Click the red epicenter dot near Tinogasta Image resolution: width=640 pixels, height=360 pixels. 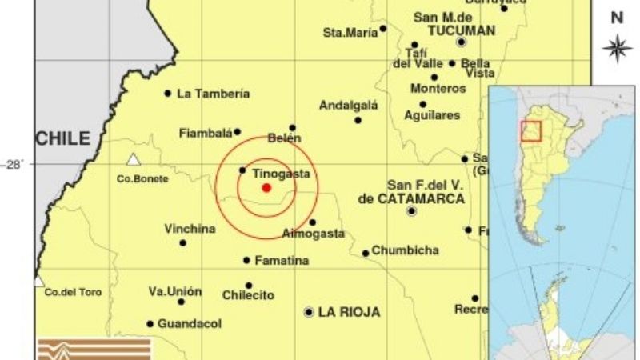(266, 188)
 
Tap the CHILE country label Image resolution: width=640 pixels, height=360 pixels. (62, 138)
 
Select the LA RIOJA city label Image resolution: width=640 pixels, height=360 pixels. (349, 312)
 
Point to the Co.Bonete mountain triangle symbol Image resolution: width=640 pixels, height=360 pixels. (134, 159)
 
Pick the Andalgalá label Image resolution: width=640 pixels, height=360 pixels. (349, 105)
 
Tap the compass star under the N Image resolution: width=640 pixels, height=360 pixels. (617, 48)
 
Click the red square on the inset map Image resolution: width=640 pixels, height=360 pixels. (531, 130)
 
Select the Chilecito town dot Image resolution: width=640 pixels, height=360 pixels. (249, 286)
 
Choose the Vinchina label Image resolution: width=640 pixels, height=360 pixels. (190, 229)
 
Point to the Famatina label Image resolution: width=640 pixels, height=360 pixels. (282, 261)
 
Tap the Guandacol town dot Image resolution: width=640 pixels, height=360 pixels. (150, 324)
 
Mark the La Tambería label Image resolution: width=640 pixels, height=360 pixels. (213, 94)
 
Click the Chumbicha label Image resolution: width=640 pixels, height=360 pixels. (405, 250)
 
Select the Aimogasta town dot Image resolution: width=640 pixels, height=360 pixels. (312, 222)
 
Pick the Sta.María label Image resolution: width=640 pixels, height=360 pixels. (349, 33)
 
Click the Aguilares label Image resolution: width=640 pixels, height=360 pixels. (432, 115)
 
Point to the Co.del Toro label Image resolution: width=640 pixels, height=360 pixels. (73, 293)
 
